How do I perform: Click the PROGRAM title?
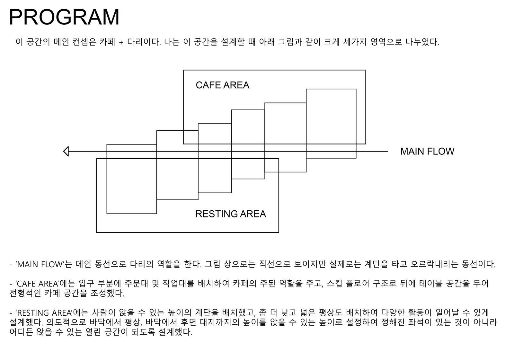[x=64, y=17]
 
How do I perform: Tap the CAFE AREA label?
[x=222, y=85]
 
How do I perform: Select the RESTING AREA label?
[x=231, y=214]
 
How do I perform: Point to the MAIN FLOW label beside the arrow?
[x=427, y=152]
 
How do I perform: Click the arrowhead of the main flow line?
[x=66, y=152]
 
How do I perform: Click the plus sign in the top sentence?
[x=121, y=42]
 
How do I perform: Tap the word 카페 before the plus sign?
[x=107, y=42]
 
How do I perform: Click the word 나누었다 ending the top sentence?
[x=422, y=42]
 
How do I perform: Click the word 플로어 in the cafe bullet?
[x=357, y=284]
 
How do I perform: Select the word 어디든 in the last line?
[x=21, y=332]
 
